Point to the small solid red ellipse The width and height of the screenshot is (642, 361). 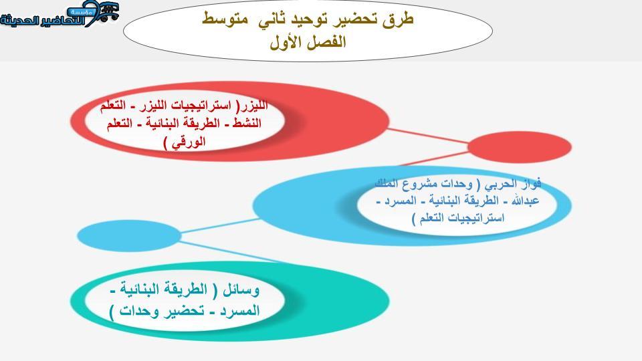[519, 146]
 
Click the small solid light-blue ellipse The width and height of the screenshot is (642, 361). [128, 236]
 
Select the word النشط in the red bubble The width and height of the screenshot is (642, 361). [247, 123]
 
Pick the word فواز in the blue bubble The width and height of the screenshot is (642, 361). [530, 183]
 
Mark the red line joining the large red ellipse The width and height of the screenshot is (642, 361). [428, 136]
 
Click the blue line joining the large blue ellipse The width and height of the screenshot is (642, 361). [220, 226]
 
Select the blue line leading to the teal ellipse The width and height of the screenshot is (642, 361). [229, 251]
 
